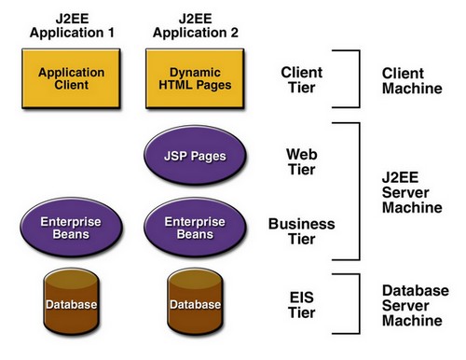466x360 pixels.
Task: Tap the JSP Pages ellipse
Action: pyautogui.click(x=195, y=154)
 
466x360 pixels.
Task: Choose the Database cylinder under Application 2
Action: pyautogui.click(x=195, y=304)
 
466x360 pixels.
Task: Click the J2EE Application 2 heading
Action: pyautogui.click(x=195, y=25)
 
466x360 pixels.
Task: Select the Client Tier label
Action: pyautogui.click(x=302, y=79)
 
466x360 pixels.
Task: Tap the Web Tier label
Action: pyautogui.click(x=302, y=162)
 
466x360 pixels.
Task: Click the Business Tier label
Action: pyautogui.click(x=302, y=232)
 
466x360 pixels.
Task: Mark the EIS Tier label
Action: pyautogui.click(x=302, y=304)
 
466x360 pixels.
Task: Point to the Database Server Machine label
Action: pyautogui.click(x=416, y=305)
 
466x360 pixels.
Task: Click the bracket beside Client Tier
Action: pyautogui.click(x=358, y=79)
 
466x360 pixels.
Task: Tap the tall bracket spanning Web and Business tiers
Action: pyautogui.click(x=358, y=190)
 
